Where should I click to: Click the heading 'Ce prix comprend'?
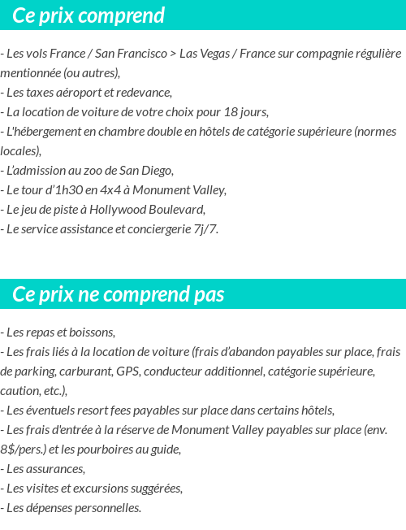(x=89, y=15)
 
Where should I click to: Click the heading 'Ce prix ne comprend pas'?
(x=119, y=293)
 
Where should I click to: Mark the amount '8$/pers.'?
(x=23, y=449)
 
